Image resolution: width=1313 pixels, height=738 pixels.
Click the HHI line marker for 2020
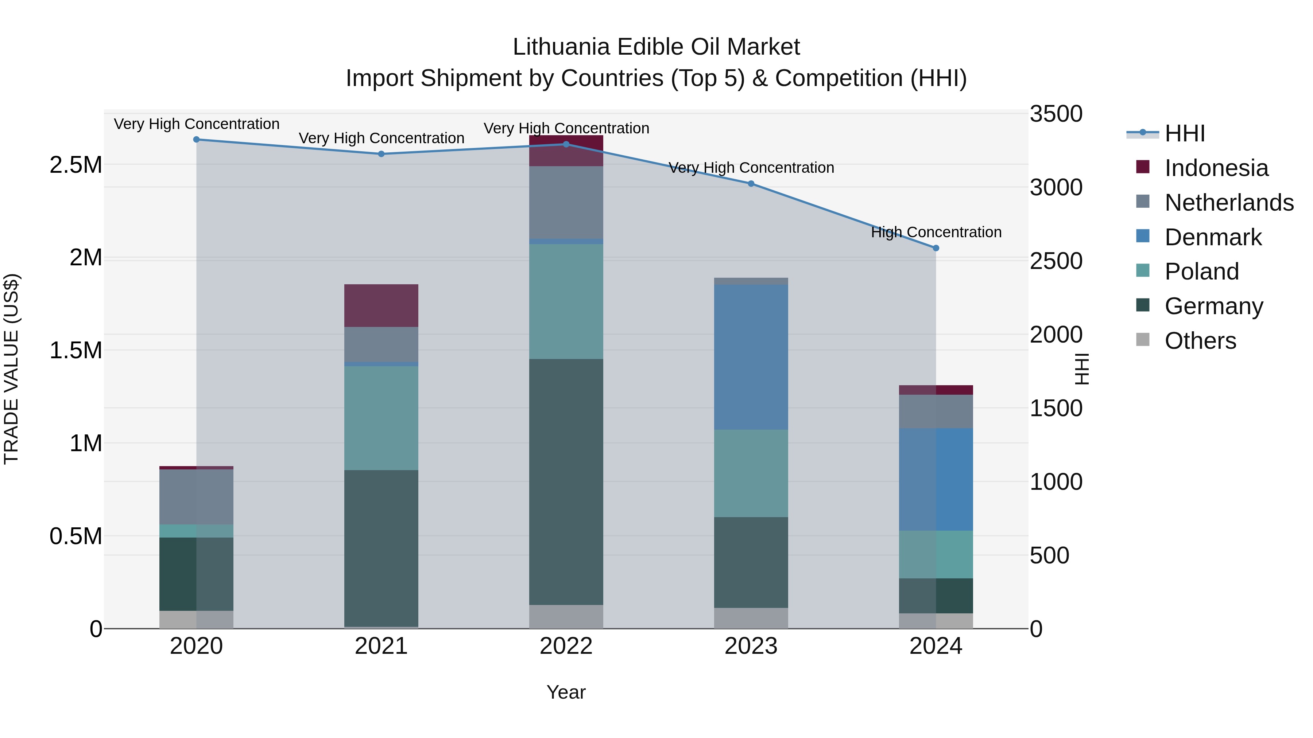coord(196,139)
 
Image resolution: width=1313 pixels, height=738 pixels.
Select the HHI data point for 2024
coord(936,248)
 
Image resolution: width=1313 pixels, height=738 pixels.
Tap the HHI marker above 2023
coord(751,183)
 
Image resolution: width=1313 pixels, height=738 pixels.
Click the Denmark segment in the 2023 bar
coord(751,356)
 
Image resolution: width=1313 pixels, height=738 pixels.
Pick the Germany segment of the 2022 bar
coord(566,481)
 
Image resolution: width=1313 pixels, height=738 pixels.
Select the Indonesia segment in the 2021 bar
coord(381,306)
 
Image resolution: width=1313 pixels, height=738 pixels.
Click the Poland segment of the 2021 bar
coord(381,418)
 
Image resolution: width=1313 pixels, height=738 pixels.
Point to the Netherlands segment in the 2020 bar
coord(196,497)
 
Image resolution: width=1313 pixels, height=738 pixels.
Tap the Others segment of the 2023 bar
coord(751,618)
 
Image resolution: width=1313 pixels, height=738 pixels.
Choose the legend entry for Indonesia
coord(1216,168)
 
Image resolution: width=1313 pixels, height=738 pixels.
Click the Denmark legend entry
coord(1213,237)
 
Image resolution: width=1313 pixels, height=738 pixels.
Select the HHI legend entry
coord(1185,133)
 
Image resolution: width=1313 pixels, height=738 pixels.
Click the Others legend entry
coord(1200,341)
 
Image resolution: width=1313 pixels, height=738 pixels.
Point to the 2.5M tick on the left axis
coord(75,165)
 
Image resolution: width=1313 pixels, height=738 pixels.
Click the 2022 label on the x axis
coord(566,646)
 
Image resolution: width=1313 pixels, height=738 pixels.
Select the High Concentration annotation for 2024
coord(936,232)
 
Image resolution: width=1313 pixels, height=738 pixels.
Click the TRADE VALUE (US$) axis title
coord(11,369)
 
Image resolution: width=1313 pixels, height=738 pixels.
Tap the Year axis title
coord(566,692)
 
